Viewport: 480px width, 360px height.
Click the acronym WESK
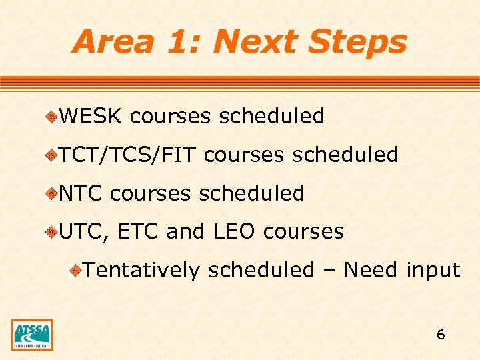91,117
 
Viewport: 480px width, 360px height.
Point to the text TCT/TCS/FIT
127,155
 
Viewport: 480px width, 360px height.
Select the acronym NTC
81,194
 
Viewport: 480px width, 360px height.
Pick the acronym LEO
235,232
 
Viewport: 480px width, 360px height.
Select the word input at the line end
433,271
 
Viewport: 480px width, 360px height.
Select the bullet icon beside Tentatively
77,271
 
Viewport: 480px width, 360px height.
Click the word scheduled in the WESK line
271,117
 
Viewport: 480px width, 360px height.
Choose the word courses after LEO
303,232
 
